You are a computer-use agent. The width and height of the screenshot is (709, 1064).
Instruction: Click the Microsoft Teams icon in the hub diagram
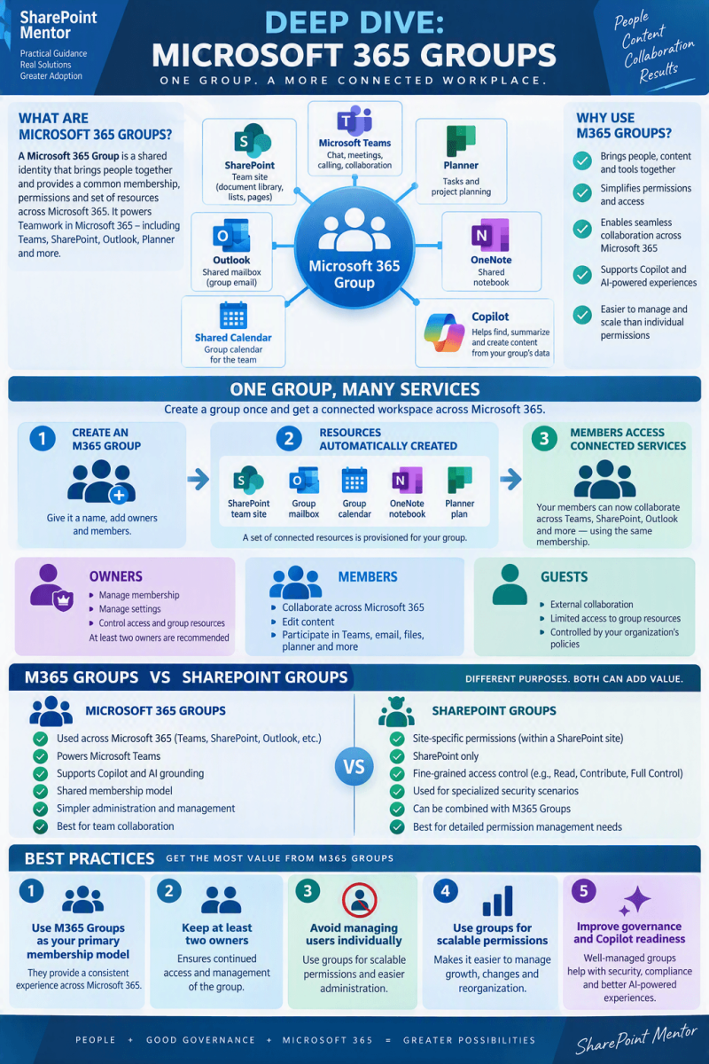[354, 121]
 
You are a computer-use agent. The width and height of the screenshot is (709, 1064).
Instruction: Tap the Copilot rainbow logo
[444, 332]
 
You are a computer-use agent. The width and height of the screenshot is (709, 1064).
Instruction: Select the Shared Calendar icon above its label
[233, 316]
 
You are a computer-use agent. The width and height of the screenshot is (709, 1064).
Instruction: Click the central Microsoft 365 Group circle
[354, 247]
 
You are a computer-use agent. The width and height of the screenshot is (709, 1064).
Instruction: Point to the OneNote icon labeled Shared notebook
[490, 235]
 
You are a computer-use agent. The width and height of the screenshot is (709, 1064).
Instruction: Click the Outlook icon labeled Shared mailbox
[231, 236]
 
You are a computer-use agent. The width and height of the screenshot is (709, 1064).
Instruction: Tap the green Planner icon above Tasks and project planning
[461, 141]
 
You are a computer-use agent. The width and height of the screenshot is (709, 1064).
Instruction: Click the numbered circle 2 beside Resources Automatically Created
[289, 438]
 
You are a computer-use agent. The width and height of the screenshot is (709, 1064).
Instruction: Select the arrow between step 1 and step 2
[198, 479]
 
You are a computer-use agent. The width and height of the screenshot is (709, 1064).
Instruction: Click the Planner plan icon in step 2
[459, 480]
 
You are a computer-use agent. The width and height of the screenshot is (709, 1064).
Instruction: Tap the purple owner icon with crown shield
[51, 588]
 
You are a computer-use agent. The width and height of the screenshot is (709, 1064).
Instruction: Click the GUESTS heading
[564, 576]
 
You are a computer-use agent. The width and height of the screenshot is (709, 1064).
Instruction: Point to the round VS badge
[354, 766]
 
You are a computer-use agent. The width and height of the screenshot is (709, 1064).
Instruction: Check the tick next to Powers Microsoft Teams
[41, 755]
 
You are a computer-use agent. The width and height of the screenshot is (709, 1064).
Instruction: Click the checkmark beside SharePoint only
[397, 755]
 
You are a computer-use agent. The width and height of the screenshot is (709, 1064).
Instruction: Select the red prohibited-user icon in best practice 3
[360, 899]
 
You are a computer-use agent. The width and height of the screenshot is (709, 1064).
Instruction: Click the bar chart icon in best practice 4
[497, 901]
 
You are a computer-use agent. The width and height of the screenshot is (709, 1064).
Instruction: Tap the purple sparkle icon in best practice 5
[635, 901]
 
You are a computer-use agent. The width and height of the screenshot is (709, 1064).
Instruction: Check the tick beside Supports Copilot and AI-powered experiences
[581, 275]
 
